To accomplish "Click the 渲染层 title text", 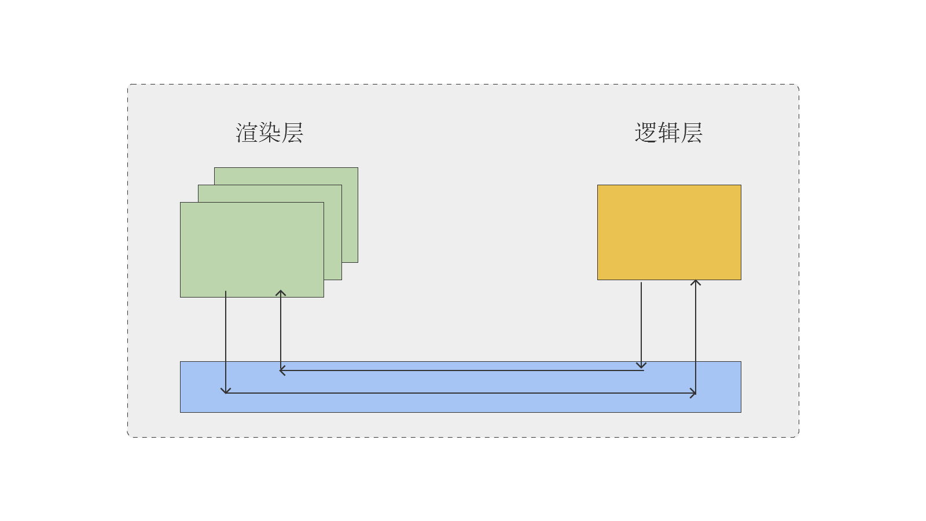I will (269, 133).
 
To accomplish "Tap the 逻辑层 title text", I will (668, 133).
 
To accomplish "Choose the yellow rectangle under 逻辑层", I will (669, 232).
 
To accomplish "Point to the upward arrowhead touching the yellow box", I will (696, 282).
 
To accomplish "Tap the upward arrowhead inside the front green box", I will (281, 293).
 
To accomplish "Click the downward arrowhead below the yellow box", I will (641, 365).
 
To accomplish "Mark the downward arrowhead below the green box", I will (226, 391).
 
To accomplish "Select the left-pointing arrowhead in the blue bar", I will (282, 370).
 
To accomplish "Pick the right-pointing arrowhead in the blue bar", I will (693, 393).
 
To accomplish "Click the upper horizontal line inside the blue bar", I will (463, 370).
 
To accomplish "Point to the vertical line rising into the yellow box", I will (696, 336).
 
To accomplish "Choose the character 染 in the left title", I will (269, 133).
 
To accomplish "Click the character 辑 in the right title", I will (668, 133).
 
